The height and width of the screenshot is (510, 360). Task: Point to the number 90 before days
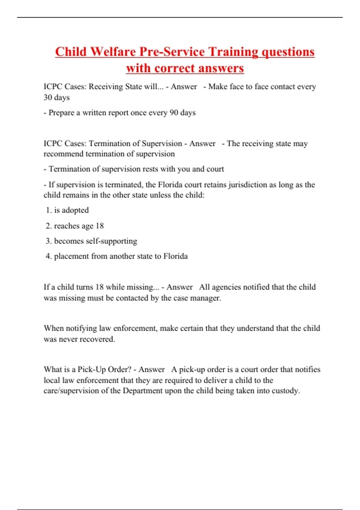point(174,113)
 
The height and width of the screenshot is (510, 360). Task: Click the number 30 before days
point(48,97)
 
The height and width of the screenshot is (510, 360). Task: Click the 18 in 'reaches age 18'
point(100,226)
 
